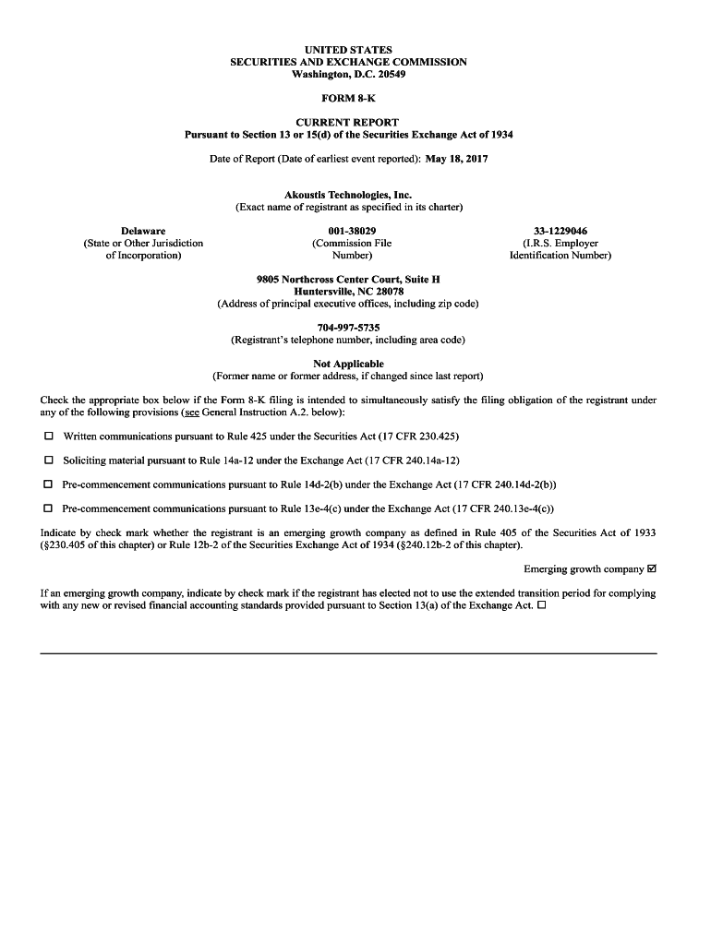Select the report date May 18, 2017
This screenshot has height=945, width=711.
coord(456,159)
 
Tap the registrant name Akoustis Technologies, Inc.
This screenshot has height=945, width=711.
coord(348,195)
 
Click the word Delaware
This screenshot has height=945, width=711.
coord(143,231)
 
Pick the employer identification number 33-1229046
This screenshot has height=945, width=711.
coord(560,231)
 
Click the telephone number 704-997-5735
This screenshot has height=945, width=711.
coord(348,328)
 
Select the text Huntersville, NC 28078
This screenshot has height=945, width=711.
coord(348,291)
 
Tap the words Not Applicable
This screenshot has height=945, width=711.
coord(348,364)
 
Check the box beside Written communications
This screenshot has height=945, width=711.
coord(48,436)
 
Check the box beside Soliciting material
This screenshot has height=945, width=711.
coord(48,460)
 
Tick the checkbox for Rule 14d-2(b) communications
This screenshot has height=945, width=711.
coord(48,484)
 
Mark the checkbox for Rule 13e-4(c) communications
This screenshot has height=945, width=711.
coord(48,508)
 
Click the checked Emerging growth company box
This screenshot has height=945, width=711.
coord(652,568)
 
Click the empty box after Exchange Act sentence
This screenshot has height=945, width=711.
coord(542,605)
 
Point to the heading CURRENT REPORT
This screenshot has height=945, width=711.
coord(348,123)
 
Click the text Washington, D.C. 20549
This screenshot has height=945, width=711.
coord(348,74)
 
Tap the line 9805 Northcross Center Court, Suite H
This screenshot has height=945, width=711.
coord(348,279)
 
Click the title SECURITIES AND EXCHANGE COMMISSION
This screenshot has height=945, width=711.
coord(348,62)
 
